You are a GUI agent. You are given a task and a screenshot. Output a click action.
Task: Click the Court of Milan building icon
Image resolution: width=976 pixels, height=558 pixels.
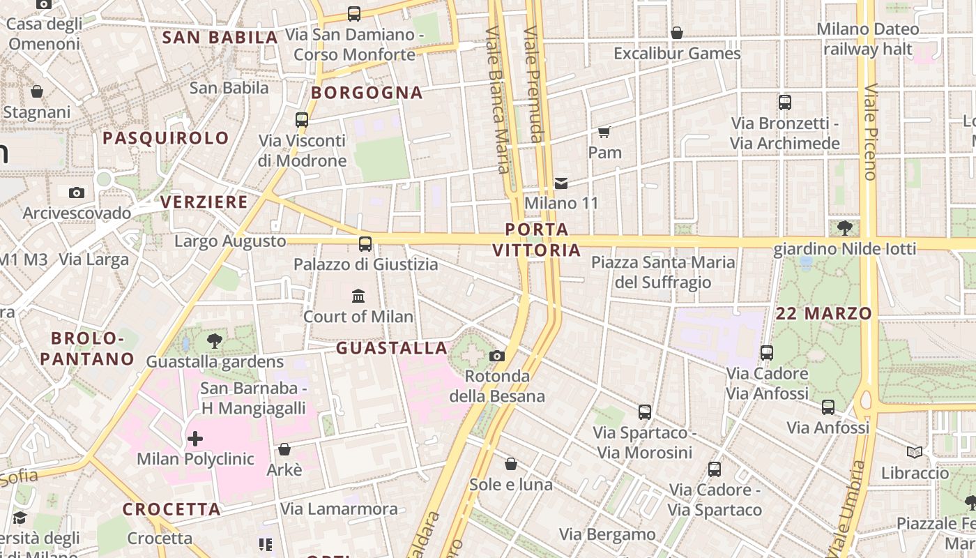point(358,296)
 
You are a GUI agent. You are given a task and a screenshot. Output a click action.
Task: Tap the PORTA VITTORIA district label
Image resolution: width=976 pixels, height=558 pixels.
point(537,239)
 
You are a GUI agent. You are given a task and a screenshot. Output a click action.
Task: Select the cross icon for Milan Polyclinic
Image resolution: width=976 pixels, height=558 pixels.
point(195,439)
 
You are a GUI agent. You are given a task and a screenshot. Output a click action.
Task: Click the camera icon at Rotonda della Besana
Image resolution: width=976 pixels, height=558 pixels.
point(497,356)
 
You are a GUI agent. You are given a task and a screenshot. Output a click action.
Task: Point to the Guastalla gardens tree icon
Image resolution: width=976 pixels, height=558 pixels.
point(215,341)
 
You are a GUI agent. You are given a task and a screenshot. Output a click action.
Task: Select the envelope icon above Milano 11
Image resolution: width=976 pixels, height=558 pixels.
point(561,183)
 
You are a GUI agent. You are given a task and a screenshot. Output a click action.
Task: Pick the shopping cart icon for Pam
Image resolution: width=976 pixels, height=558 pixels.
point(604,132)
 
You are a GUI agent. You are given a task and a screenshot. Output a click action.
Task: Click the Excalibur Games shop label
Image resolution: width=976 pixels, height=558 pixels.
point(677,54)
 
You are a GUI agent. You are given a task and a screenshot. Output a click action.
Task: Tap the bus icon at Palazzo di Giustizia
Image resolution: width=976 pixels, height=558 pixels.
point(365,244)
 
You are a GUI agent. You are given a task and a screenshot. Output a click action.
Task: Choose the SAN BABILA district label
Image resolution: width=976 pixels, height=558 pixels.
point(220,38)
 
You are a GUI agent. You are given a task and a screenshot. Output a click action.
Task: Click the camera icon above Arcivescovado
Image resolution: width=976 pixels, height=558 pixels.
point(77,193)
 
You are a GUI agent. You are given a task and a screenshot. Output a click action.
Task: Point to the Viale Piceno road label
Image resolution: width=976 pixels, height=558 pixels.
point(871,133)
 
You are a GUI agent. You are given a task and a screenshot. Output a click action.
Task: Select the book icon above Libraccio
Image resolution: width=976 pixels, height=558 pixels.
point(915,453)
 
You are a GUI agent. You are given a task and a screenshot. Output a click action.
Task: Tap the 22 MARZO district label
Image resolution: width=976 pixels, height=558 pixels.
point(823,314)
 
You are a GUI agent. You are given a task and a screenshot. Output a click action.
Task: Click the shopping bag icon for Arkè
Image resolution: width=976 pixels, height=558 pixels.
point(284,450)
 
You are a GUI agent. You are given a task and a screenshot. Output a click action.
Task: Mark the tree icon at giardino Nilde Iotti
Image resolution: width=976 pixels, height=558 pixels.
point(845,227)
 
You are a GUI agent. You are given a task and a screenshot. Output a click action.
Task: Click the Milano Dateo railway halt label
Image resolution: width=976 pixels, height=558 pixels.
point(867,39)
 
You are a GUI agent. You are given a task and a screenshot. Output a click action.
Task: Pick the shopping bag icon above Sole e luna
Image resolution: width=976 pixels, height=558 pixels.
point(511,465)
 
